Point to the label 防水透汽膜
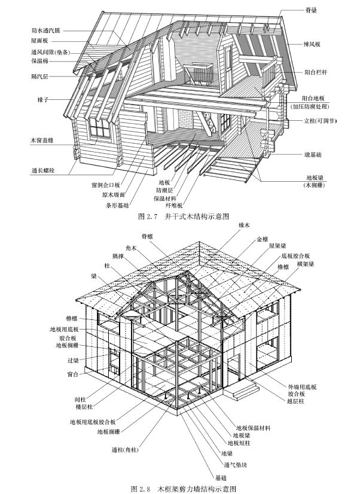(x=49, y=29)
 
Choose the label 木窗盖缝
(x=43, y=141)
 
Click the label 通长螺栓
(x=43, y=170)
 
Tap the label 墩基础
(x=313, y=154)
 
